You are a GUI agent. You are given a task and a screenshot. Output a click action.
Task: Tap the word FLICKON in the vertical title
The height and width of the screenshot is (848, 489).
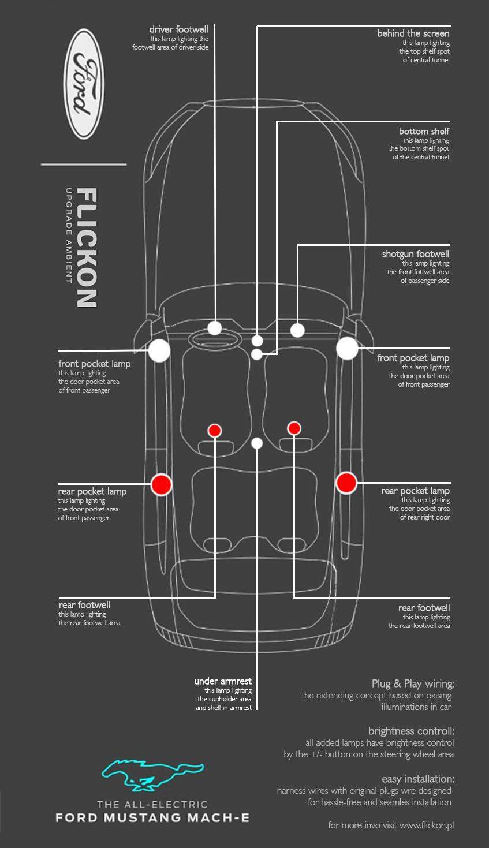[x=87, y=247]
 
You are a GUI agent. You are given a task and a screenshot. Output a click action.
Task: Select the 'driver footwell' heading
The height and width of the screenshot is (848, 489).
[x=178, y=29]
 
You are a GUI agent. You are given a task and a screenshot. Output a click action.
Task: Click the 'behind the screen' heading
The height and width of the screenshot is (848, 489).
[x=413, y=33]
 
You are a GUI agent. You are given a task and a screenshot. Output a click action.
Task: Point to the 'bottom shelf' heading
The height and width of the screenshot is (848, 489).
[x=424, y=131]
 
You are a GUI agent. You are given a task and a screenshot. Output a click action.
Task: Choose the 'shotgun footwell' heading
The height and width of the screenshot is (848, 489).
[x=415, y=254]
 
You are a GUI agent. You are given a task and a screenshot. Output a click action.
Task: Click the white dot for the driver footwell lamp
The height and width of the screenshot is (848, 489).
[x=215, y=328]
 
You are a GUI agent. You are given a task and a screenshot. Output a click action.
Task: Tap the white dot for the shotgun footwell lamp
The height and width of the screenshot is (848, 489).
[x=297, y=330]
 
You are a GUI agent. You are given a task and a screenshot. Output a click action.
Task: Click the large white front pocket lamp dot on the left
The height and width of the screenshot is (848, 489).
[x=159, y=350]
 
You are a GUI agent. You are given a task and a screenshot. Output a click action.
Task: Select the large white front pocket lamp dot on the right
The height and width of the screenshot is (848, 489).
[x=348, y=349]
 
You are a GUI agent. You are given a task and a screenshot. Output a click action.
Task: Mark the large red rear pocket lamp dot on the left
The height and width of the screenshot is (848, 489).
[x=162, y=484]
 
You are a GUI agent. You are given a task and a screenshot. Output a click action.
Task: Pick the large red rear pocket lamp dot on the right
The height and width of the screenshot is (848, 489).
[x=346, y=482]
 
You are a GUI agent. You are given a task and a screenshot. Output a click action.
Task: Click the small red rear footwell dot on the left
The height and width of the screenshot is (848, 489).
[x=215, y=430]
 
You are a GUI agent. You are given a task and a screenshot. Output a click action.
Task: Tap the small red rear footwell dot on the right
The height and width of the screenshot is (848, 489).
[x=294, y=428]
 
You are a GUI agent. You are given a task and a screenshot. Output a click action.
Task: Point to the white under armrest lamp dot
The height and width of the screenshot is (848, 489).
[x=257, y=443]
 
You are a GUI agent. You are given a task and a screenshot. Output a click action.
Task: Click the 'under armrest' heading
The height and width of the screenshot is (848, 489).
[x=223, y=681]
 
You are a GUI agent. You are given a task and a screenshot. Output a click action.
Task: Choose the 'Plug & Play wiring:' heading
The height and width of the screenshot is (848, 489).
[x=413, y=684]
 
